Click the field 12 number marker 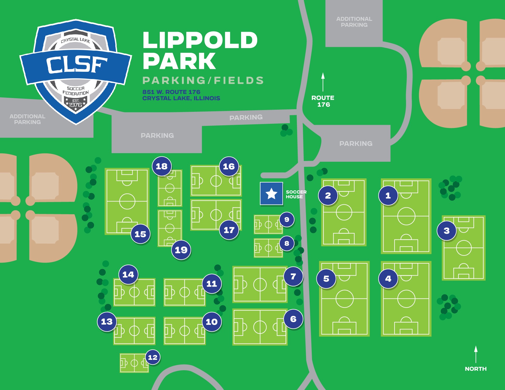(x=153, y=357)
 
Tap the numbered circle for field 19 (x=181, y=250)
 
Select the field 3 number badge (x=447, y=231)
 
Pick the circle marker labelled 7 (x=293, y=276)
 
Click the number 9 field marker (x=287, y=219)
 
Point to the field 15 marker (x=140, y=234)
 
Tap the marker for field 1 (x=388, y=196)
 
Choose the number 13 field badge (x=107, y=322)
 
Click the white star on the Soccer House (x=271, y=194)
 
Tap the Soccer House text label (x=296, y=194)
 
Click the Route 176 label (x=323, y=101)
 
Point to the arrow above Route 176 (x=323, y=82)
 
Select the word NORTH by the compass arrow (x=476, y=369)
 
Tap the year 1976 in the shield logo (x=76, y=105)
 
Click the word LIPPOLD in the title (x=200, y=40)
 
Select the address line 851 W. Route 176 (x=171, y=92)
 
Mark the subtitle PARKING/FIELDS (x=203, y=80)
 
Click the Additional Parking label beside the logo (x=27, y=119)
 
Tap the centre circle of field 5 (x=344, y=299)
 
